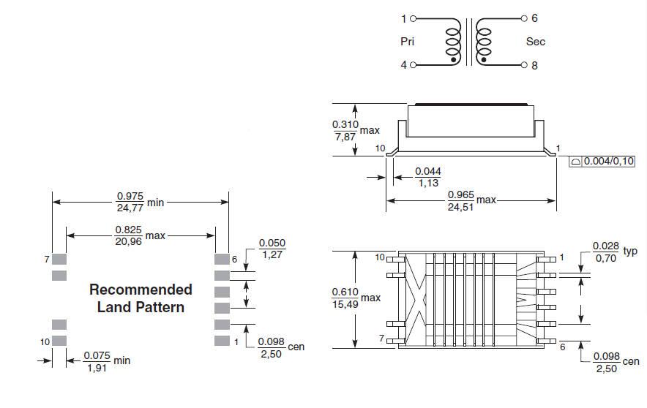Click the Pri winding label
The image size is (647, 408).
click(408, 42)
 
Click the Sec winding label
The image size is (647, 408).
click(536, 42)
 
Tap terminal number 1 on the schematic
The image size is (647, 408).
click(405, 18)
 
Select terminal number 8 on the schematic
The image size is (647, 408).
click(534, 66)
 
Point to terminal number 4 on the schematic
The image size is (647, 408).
click(403, 66)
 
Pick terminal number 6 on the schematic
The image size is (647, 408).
click(534, 18)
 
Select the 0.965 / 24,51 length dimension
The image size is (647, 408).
click(461, 200)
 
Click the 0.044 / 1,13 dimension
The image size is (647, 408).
click(428, 176)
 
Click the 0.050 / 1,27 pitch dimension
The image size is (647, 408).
click(272, 249)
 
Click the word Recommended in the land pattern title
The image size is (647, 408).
click(141, 290)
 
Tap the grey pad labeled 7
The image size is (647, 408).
click(59, 259)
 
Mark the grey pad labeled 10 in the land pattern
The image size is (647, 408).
click(59, 341)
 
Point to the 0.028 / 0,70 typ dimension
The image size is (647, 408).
click(606, 252)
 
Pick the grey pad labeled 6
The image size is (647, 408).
click(221, 259)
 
